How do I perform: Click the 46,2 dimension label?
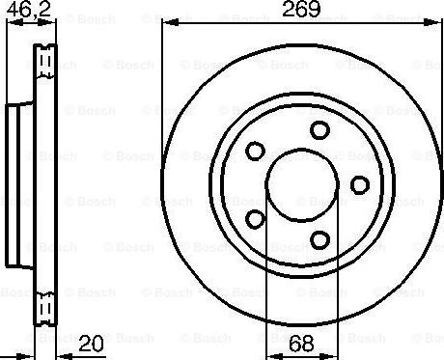coord(29,9)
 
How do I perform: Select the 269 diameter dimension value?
coord(301,9)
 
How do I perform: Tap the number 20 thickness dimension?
coord(91,344)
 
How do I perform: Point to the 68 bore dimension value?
coord(301,344)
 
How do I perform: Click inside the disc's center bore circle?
coord(302,185)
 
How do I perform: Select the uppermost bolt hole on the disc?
coord(319,130)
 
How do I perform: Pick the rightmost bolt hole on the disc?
coord(360,185)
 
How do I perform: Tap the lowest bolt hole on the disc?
coord(320,240)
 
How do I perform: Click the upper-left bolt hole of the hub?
coord(255,151)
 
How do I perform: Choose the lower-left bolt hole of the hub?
coord(255,219)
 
